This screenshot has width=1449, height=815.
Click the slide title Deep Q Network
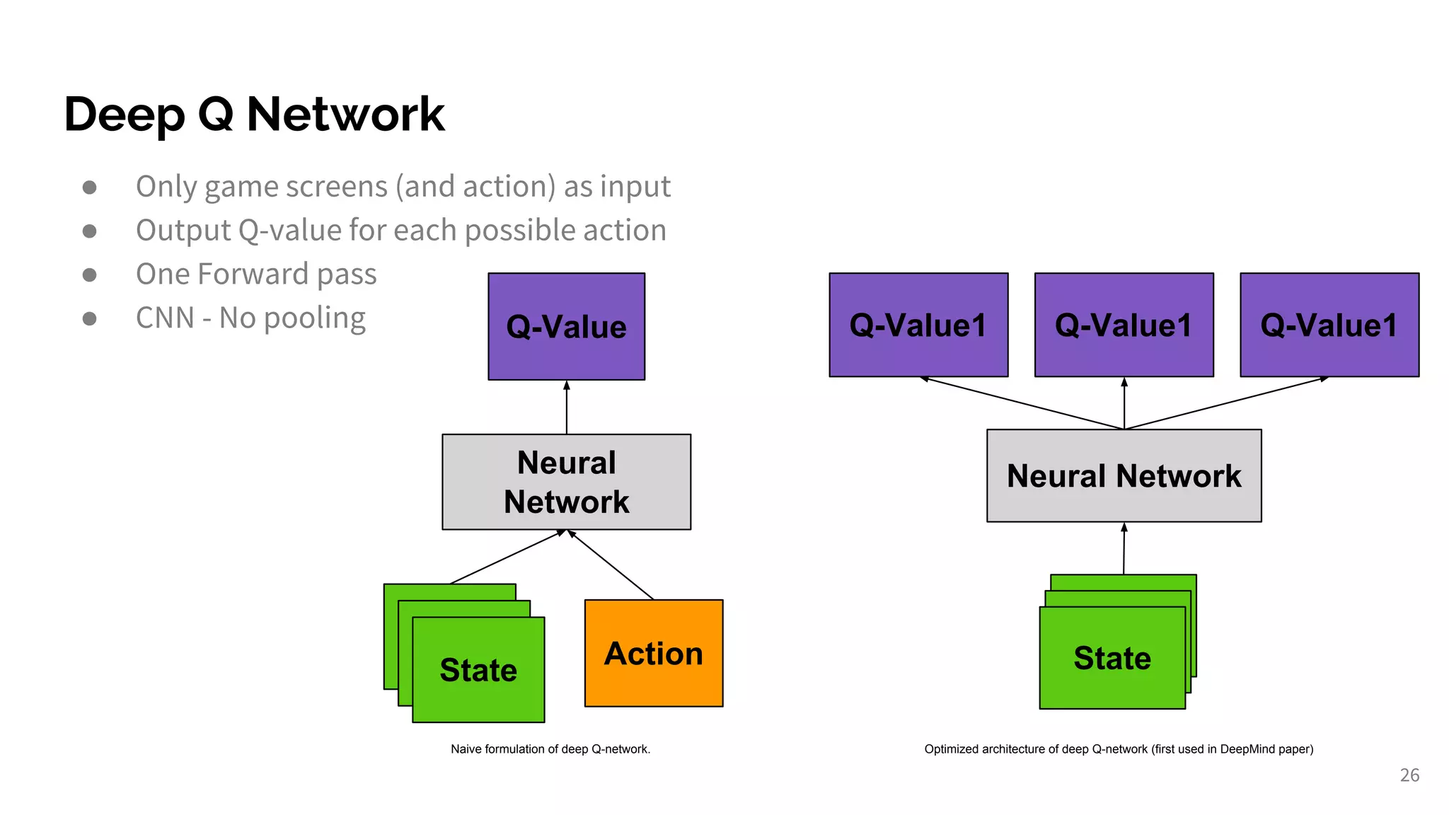point(254,114)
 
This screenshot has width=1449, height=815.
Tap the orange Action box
point(653,653)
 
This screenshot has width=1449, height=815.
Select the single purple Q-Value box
point(566,326)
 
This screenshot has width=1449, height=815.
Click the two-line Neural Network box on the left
point(566,482)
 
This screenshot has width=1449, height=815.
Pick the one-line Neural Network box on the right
point(1124,475)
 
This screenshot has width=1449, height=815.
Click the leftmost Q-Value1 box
point(918,325)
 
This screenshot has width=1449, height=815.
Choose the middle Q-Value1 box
point(1124,325)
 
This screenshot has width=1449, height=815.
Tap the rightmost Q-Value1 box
point(1329,325)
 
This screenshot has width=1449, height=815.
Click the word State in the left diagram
point(478,670)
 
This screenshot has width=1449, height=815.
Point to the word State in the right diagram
point(1112,658)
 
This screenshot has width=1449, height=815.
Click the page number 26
point(1409,775)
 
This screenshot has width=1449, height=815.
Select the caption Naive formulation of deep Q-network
point(550,749)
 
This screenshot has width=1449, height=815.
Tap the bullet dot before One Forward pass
point(89,274)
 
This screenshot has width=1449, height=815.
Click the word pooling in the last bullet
point(314,319)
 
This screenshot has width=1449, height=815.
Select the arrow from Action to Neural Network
point(611,565)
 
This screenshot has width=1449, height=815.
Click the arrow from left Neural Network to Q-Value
point(566,407)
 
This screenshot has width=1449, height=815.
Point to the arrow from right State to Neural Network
point(1124,548)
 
